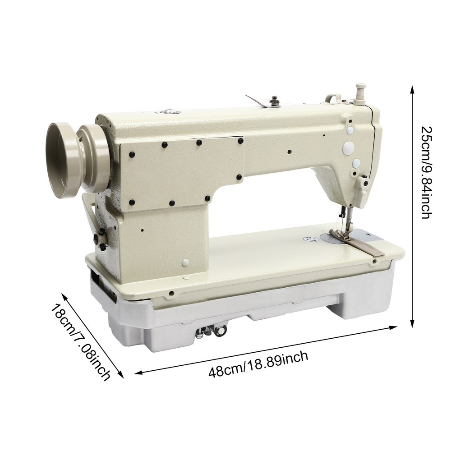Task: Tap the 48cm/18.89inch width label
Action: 258,365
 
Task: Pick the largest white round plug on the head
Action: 349,147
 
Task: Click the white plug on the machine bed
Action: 185,262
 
